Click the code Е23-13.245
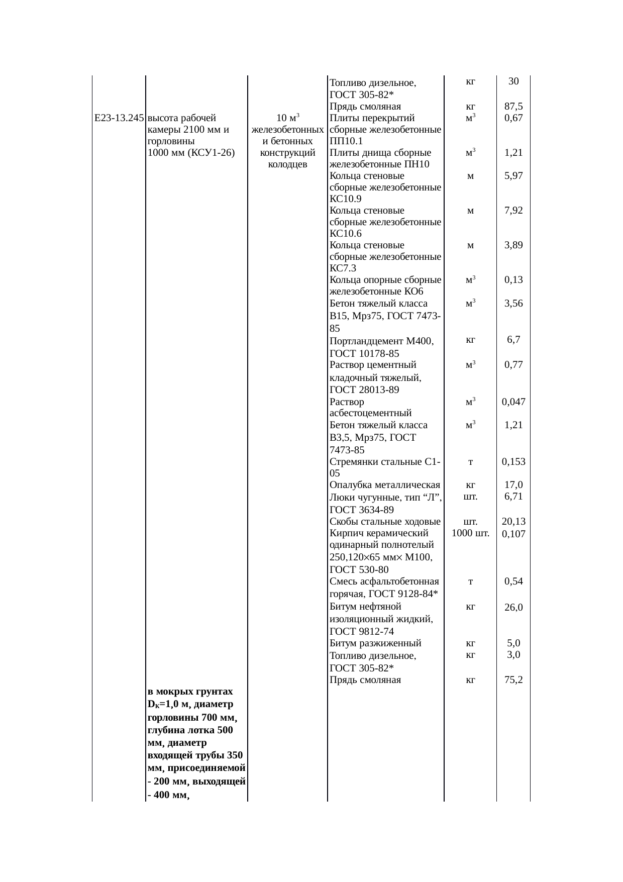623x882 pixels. tap(119, 118)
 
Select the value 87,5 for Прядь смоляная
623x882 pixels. tap(513, 107)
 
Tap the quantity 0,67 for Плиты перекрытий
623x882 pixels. tap(513, 118)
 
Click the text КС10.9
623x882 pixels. tap(345, 199)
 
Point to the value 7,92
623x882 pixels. tap(513, 211)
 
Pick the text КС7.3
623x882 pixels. tap(343, 268)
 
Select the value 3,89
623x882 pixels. tap(513, 245)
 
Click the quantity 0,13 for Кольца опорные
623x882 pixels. tap(513, 280)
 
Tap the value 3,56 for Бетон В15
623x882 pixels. tap(513, 303)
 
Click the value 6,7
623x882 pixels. tap(513, 340)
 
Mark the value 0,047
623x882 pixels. tap(513, 402)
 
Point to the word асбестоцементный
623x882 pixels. tap(370, 413)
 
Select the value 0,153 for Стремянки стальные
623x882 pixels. tap(513, 461)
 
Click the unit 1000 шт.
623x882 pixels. tap(470, 533)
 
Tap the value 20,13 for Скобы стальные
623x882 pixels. tap(513, 522)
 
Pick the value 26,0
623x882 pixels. tap(513, 607)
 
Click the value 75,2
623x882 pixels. tap(513, 680)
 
